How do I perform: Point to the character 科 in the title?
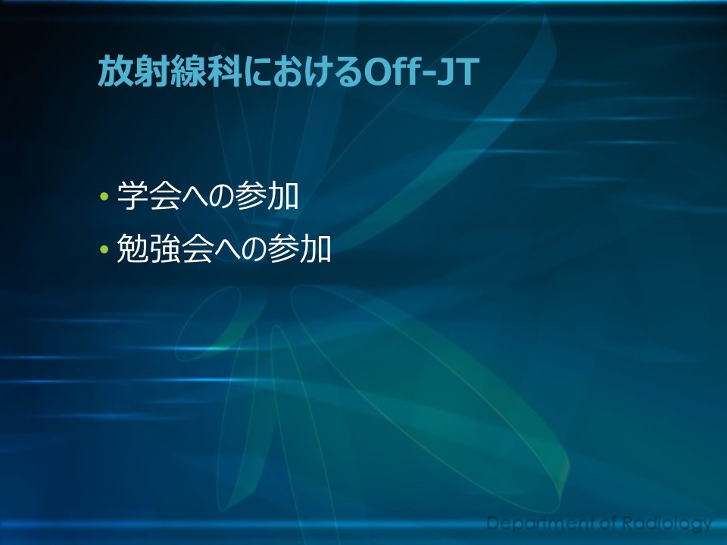(223, 71)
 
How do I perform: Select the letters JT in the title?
(459, 73)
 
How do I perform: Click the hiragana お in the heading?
(290, 73)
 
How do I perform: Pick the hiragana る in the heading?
(348, 73)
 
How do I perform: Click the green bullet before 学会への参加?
(104, 197)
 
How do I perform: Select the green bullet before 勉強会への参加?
(104, 249)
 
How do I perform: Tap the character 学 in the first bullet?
(133, 195)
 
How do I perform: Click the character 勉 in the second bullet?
(132, 248)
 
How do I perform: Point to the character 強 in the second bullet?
(164, 248)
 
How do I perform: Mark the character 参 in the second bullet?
(283, 248)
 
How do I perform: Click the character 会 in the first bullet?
(165, 195)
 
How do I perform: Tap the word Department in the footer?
(540, 524)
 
